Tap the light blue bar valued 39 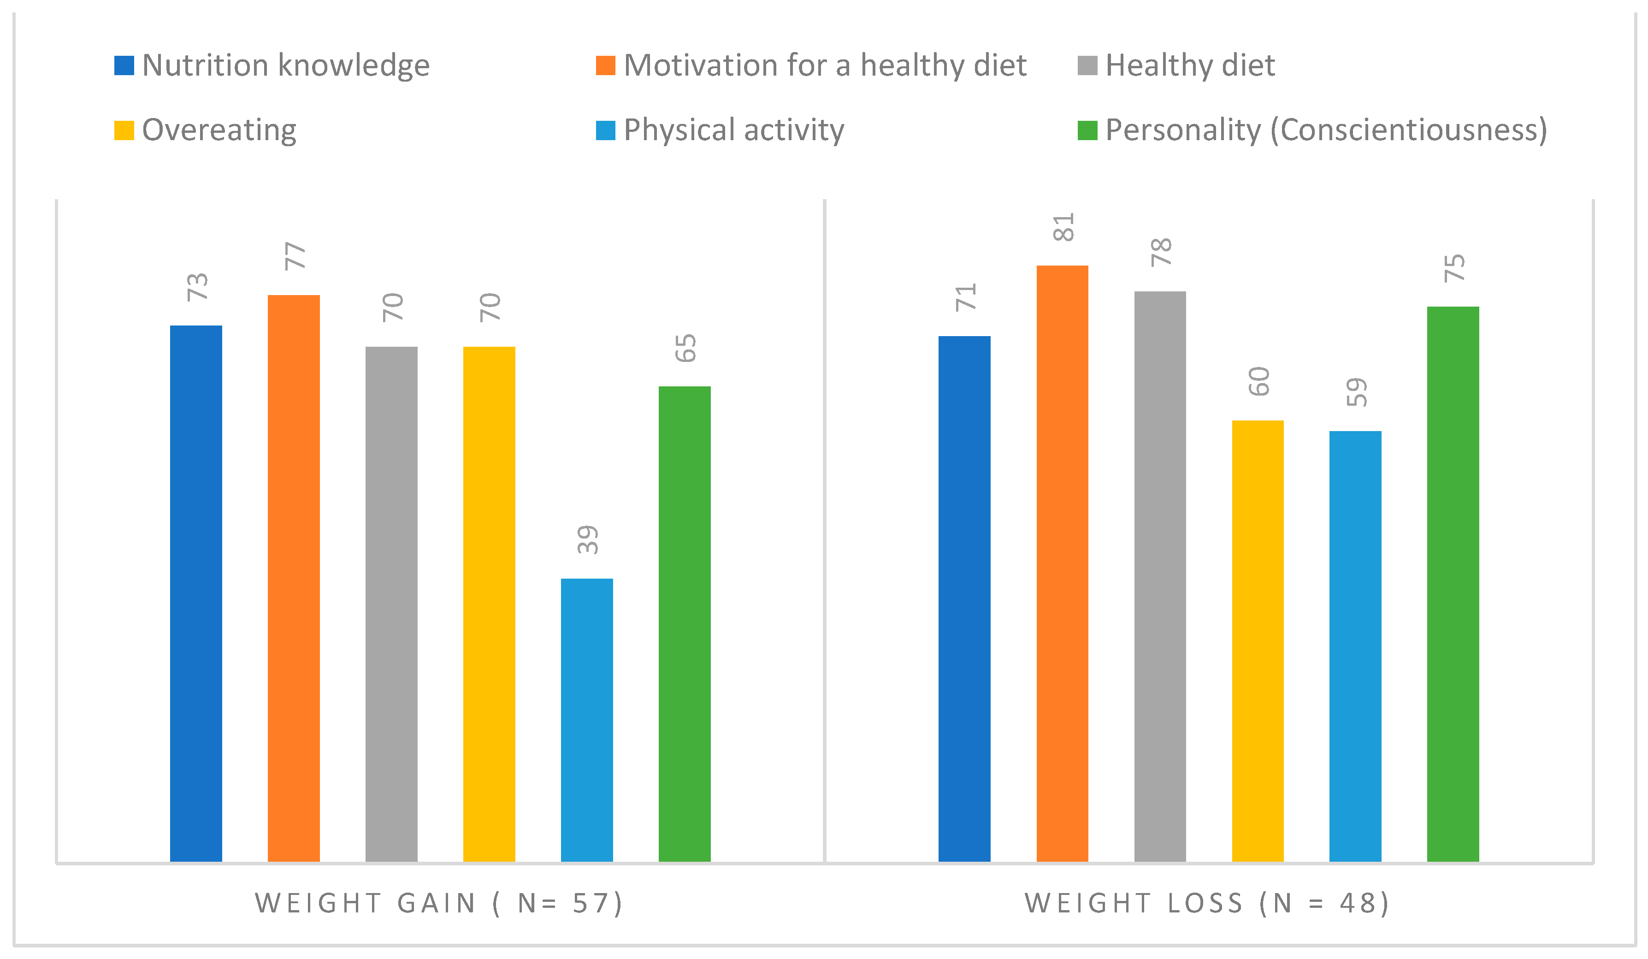click(587, 720)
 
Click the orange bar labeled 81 click(1062, 563)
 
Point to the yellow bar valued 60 click(1258, 640)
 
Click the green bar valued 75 click(1453, 584)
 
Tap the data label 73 click(197, 286)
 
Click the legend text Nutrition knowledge click(286, 65)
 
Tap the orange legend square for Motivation click(606, 65)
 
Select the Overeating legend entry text click(219, 130)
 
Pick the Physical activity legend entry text click(734, 130)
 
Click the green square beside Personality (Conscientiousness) click(1087, 130)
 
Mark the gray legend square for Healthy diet click(1087, 65)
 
